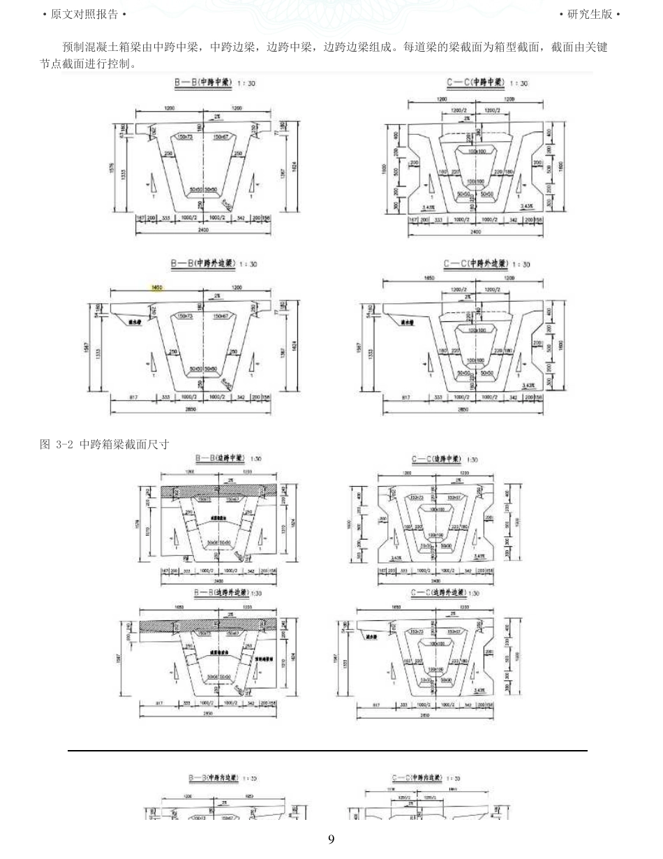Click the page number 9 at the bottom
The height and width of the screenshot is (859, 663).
tap(331, 839)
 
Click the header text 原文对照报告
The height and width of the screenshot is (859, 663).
tap(84, 14)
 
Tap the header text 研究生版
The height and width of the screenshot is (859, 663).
tap(590, 14)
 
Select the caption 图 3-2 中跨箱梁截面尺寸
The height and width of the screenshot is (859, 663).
tap(105, 444)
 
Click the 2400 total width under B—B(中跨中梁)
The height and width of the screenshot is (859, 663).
tap(203, 230)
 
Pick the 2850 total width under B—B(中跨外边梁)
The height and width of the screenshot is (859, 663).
tap(190, 410)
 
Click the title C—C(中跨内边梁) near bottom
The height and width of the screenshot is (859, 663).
tap(426, 777)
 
